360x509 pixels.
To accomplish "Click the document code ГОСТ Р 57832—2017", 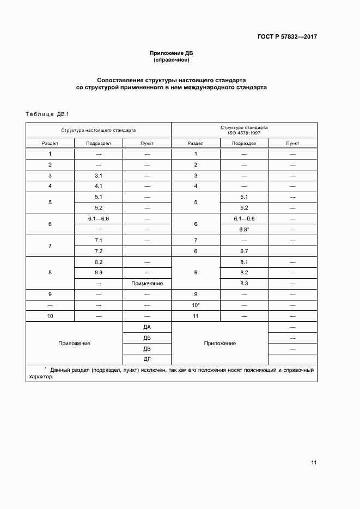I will [286, 37].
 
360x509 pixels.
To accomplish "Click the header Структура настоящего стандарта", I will [99, 131].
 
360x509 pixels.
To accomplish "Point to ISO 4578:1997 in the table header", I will [244, 133].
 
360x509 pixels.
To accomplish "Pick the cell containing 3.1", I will [99, 175].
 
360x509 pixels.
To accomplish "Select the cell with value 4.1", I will [99, 186].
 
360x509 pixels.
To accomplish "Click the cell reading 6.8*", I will [244, 229].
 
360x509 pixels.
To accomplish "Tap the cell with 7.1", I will [99, 240].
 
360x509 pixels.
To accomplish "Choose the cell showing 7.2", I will [99, 251].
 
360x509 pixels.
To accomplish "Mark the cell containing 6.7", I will [244, 251].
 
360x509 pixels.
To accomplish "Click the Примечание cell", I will [147, 284].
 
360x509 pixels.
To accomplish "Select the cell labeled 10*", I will [196, 305].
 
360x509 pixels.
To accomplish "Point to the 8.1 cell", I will [244, 262].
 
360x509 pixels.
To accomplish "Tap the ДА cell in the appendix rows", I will [147, 327].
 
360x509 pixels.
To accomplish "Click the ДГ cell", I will [147, 359].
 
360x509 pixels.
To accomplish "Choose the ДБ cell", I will [147, 338].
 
